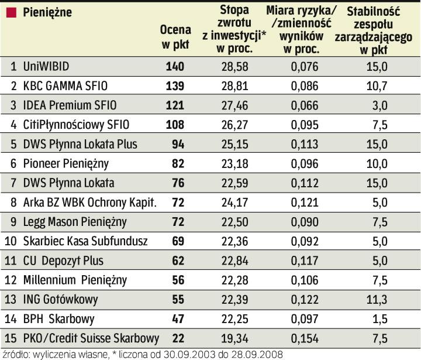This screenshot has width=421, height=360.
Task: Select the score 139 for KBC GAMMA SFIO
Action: point(175,86)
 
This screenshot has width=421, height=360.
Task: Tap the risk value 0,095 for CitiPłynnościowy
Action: point(305,125)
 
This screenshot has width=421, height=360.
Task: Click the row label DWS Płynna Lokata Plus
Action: point(76,144)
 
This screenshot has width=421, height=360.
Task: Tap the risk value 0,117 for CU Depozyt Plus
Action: point(305,260)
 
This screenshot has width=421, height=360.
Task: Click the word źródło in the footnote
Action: point(14,354)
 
